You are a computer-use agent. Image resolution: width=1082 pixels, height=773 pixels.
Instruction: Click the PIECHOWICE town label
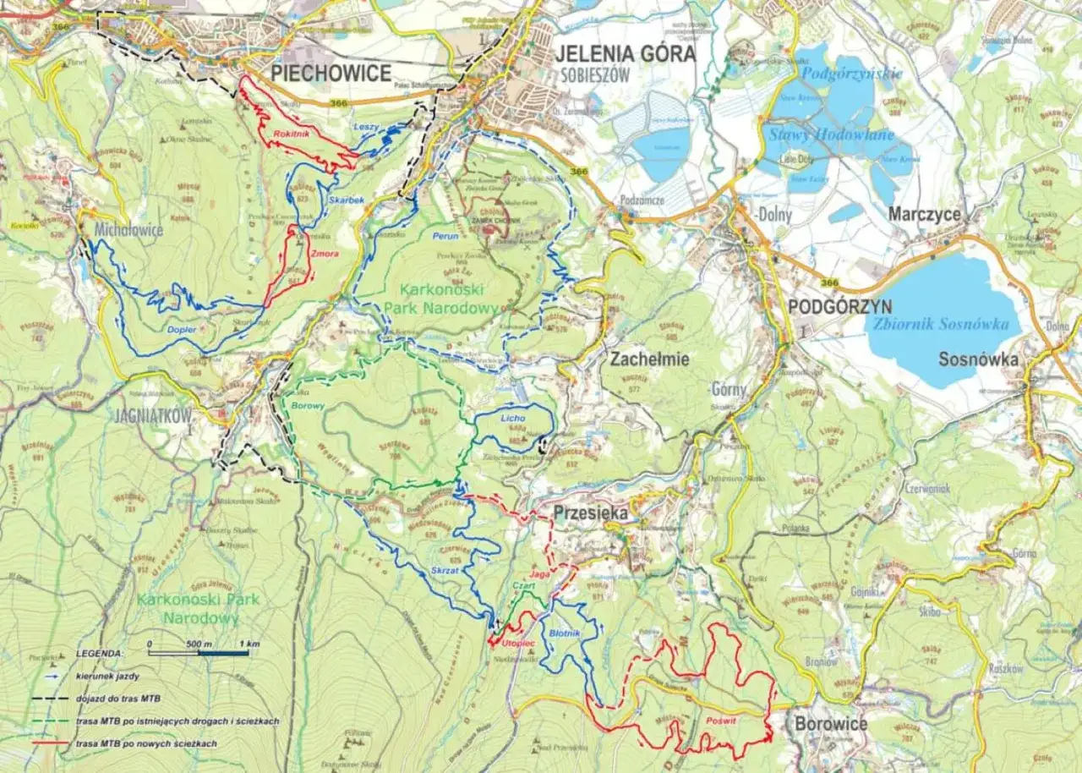point(331,73)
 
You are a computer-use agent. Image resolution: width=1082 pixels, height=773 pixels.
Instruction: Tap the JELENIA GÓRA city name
point(626,54)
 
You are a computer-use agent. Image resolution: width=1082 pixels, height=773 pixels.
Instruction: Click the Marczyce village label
point(924,215)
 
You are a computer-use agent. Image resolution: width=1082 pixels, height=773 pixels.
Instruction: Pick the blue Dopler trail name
point(182,328)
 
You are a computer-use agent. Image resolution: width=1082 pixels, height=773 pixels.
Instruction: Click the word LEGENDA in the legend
point(99,654)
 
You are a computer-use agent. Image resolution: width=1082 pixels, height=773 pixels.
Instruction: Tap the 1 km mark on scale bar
point(248,644)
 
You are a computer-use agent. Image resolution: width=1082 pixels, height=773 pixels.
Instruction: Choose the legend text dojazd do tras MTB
point(117,699)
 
